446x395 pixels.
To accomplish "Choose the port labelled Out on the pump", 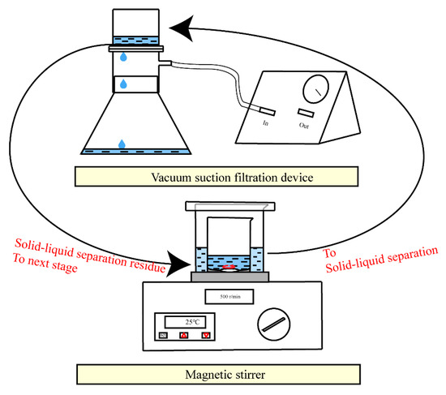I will (x=306, y=112).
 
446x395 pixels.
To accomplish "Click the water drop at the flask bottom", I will (x=122, y=144).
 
